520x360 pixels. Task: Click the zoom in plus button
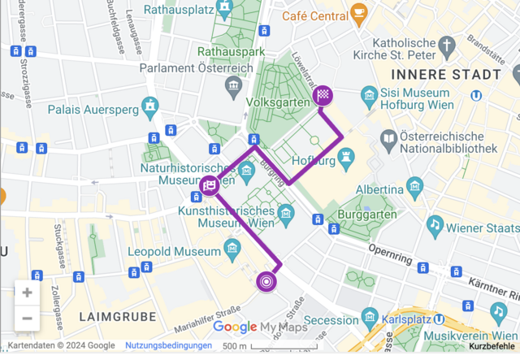(x=28, y=293)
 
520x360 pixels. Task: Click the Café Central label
(x=314, y=15)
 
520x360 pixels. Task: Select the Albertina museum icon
(x=415, y=185)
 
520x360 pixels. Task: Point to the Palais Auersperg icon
(x=150, y=106)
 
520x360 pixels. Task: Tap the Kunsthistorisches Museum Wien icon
(x=285, y=214)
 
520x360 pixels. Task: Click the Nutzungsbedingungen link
(x=168, y=346)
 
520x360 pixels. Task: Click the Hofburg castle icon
(x=347, y=154)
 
